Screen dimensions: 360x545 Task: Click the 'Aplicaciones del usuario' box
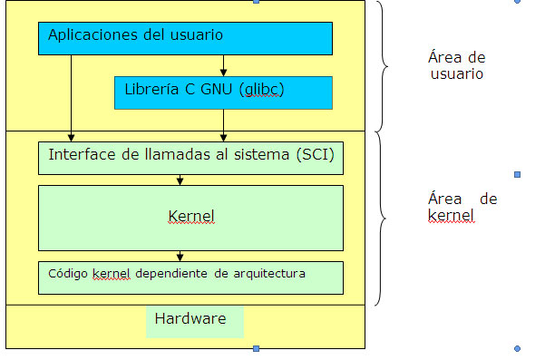185,38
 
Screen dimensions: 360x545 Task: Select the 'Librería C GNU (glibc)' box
223,92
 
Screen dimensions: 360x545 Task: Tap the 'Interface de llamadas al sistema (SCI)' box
190,157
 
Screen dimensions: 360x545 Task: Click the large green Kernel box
190,218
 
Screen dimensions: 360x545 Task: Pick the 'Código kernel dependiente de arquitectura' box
190,277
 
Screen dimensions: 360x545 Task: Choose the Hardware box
195,321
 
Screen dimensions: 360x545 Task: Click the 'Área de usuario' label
456,65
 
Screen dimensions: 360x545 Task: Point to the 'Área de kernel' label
462,208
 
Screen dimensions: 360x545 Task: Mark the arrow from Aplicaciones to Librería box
224,66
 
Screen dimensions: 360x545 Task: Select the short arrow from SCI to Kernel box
180,180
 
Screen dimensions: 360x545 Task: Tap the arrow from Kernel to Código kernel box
180,256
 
